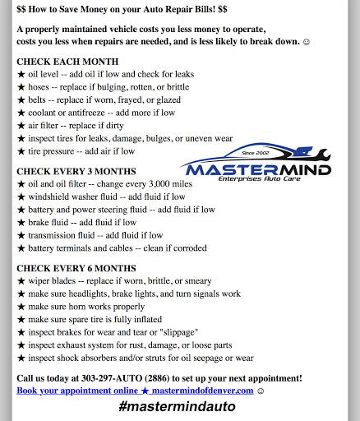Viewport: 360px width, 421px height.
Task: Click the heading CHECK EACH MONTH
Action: (x=67, y=62)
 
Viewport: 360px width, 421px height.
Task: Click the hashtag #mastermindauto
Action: (x=177, y=406)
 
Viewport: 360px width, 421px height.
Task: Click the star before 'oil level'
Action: (x=21, y=74)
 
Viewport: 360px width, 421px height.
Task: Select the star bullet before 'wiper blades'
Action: (x=21, y=280)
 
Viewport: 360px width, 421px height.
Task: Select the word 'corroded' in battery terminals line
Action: (x=187, y=248)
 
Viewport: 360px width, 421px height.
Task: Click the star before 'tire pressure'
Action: (x=21, y=151)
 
